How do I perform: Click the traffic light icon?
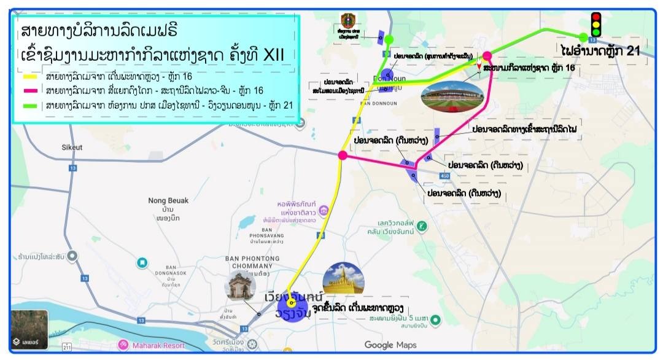tap(595, 25)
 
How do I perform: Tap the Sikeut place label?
tap(72, 147)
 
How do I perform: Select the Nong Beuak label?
tap(168, 200)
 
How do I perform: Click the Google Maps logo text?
tap(390, 345)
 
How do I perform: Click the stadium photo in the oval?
tap(452, 96)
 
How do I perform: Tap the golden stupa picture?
tap(343, 278)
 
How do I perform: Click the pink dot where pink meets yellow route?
tap(343, 155)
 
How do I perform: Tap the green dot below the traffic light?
tap(583, 37)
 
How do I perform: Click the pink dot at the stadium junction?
tap(487, 56)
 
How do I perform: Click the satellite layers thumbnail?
tap(29, 329)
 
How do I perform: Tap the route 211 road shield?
tap(66, 348)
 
